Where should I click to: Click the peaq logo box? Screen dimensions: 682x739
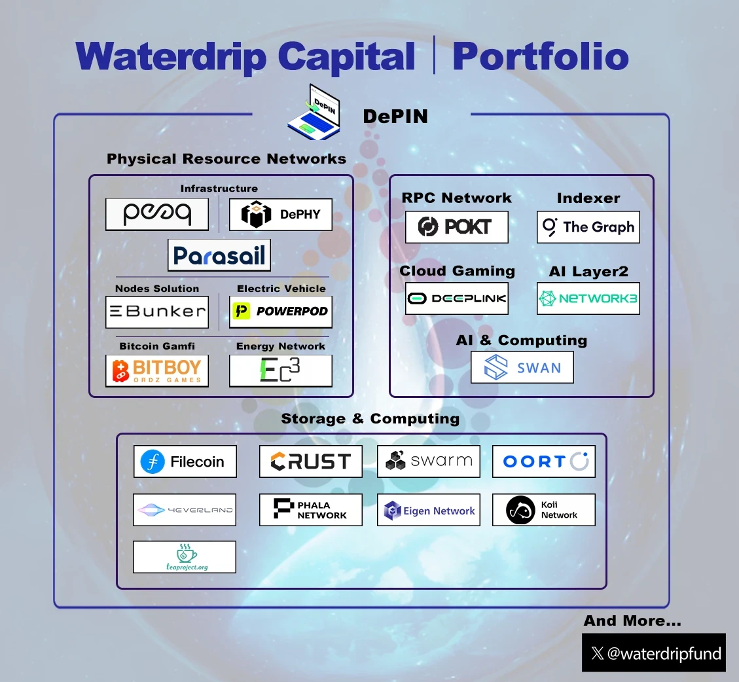[157, 215]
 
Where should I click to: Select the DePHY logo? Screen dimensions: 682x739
[281, 215]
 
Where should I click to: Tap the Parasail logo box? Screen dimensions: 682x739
[219, 255]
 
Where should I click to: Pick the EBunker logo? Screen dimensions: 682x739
[157, 312]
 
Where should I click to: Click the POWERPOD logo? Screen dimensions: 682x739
[281, 312]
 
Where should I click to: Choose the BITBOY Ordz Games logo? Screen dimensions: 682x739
[157, 371]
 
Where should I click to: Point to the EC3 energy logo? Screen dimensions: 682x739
[281, 371]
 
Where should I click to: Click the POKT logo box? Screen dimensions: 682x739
[457, 227]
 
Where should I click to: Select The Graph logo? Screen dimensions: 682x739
[588, 227]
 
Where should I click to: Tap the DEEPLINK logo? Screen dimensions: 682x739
[457, 298]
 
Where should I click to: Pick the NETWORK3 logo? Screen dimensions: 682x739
[588, 298]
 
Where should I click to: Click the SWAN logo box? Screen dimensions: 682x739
[522, 367]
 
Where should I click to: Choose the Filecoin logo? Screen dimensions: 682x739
[185, 461]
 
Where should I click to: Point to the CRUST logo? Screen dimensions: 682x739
[311, 461]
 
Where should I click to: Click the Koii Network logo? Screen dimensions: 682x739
[544, 510]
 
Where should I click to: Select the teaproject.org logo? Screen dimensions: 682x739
[185, 557]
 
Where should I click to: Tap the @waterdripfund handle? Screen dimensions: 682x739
[654, 653]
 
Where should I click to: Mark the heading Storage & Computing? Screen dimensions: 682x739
[370, 419]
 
